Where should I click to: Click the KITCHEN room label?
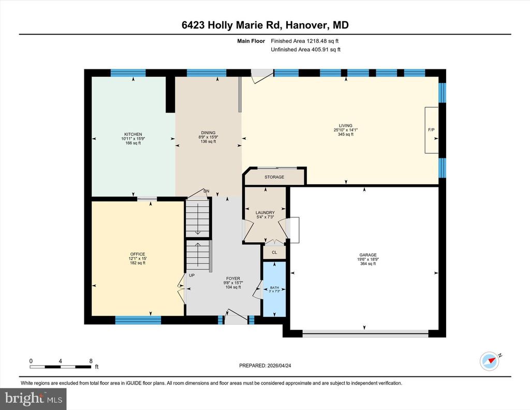133,134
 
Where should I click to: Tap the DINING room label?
208,133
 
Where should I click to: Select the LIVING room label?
345,125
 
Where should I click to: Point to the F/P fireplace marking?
431,130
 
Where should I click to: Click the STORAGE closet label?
274,177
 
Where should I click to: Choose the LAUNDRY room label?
265,213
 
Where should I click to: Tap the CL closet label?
274,253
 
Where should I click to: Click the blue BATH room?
274,289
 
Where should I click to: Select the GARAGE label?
368,255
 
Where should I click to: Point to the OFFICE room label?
138,254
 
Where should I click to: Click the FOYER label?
233,279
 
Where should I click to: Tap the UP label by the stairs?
192,275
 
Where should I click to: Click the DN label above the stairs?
206,191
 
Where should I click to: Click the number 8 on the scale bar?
91,361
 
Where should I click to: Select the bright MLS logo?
33,399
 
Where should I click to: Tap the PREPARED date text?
265,365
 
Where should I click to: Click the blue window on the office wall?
138,320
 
